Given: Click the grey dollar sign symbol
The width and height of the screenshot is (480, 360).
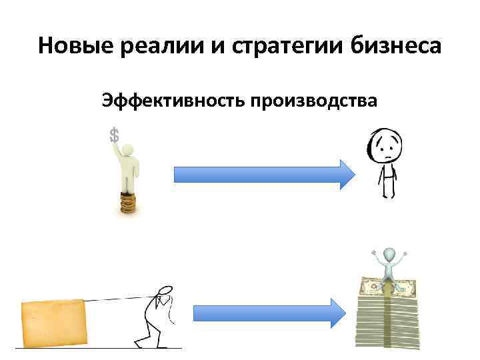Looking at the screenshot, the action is [x=115, y=135].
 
